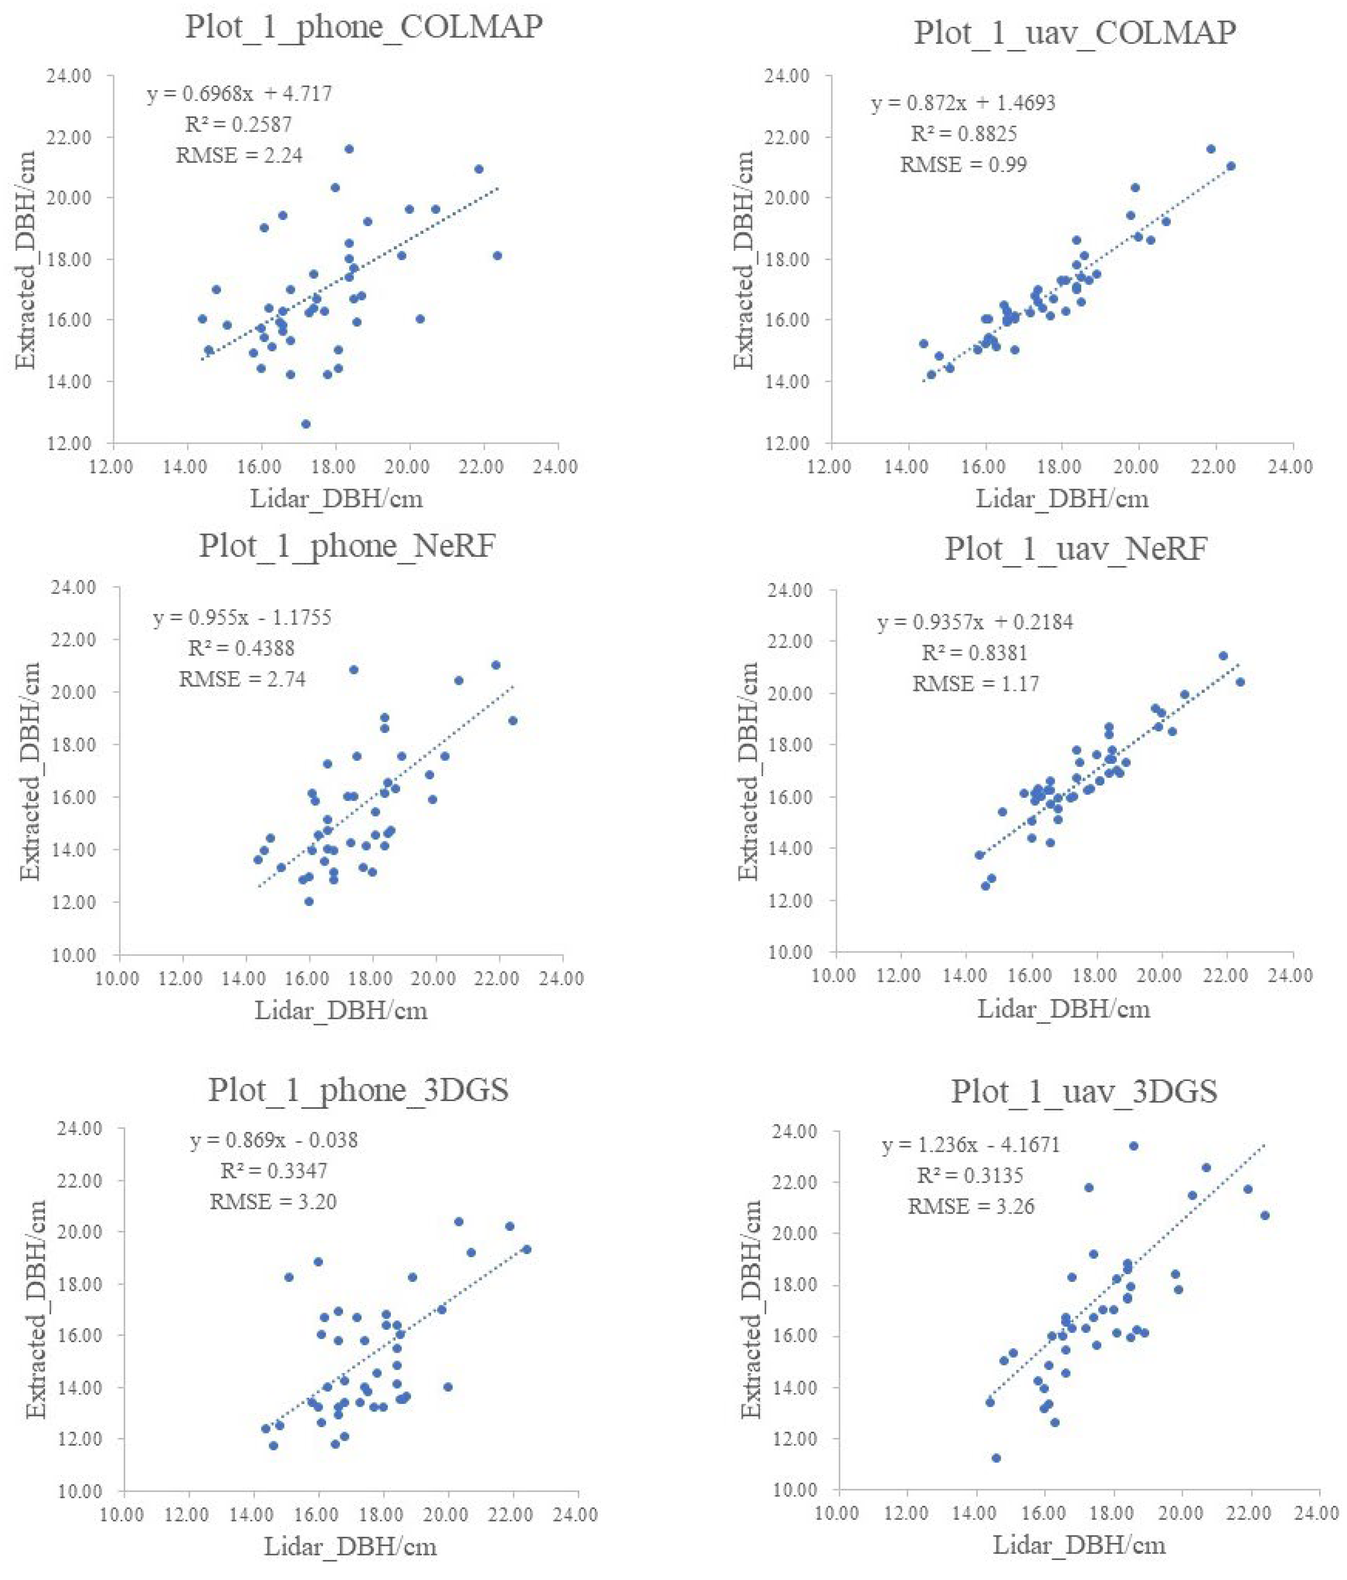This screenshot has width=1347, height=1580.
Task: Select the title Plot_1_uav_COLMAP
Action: (x=1075, y=32)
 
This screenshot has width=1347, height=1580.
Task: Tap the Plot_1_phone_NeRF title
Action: (x=347, y=546)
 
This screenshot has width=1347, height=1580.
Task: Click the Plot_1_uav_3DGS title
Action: (x=1084, y=1092)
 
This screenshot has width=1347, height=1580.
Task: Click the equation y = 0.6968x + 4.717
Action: (x=240, y=94)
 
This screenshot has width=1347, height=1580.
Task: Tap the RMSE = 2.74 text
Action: (x=242, y=679)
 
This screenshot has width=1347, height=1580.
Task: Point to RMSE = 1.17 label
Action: (x=976, y=683)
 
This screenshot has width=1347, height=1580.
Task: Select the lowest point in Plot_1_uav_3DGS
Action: (x=996, y=1458)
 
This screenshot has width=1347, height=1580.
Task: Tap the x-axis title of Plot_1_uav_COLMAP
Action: (x=1062, y=499)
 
